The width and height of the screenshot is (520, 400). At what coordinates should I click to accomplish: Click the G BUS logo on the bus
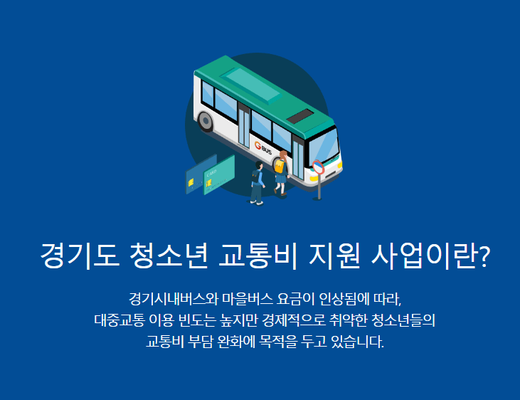(263, 149)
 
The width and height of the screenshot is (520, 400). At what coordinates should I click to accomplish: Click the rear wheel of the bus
(206, 122)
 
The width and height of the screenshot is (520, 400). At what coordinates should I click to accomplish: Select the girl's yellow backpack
(281, 166)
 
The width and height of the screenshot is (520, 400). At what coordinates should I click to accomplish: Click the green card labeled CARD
(219, 175)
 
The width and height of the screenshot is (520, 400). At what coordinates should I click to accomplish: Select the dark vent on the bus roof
(300, 116)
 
